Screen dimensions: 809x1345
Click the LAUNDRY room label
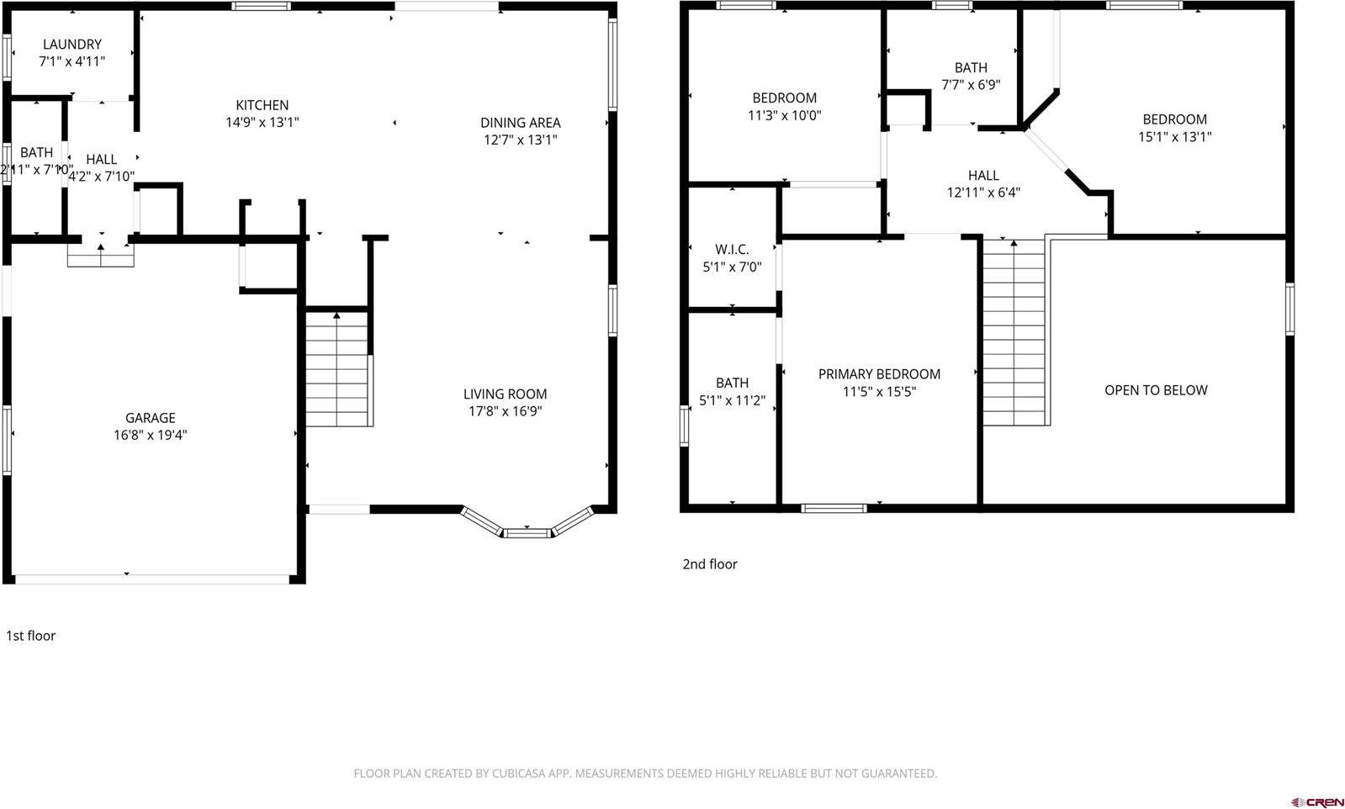[x=71, y=44]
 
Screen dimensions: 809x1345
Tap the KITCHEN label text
[x=262, y=105]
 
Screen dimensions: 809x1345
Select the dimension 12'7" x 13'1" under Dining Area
[x=520, y=140]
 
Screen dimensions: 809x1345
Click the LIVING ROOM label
[x=505, y=394]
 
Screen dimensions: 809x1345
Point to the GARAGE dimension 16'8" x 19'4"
[x=151, y=436]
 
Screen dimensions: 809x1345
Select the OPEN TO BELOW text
[x=1155, y=390]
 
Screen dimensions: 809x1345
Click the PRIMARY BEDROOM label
[x=879, y=374]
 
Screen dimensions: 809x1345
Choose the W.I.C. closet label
[x=732, y=250]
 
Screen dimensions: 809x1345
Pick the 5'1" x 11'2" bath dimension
[x=732, y=401]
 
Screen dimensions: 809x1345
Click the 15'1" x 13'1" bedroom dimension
[x=1174, y=137]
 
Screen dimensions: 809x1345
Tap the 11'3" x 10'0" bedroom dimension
[x=784, y=116]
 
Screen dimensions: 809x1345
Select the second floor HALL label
[x=982, y=176]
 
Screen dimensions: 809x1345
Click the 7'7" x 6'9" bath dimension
[x=971, y=85]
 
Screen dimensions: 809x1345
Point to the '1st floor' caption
[x=31, y=636]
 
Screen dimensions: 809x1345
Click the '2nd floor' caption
[x=709, y=564]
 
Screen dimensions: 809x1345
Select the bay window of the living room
[x=527, y=529]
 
